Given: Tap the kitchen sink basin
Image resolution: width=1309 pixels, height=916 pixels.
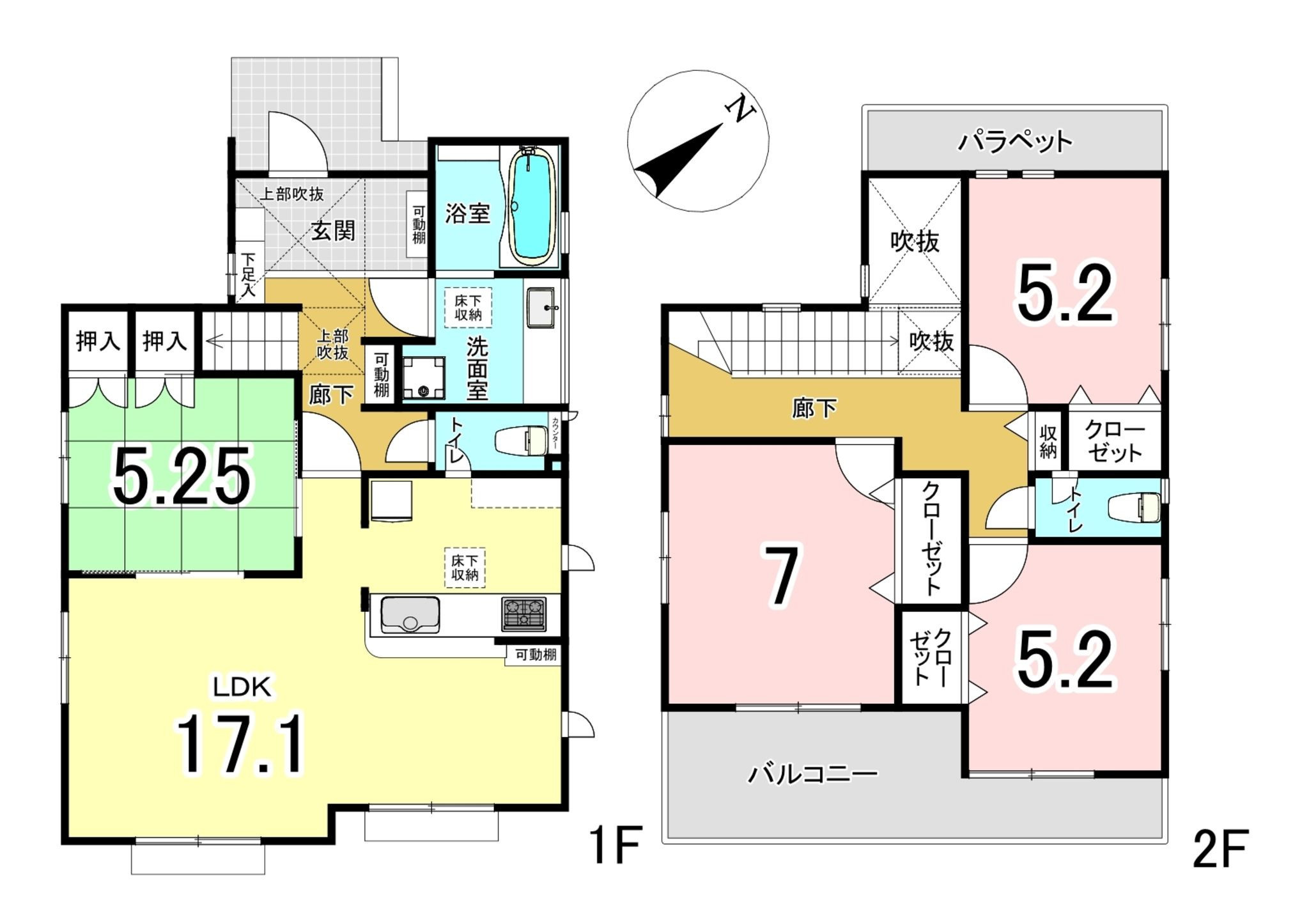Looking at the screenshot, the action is tap(410, 615).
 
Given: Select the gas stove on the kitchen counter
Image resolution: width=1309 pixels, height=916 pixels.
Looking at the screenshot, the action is tap(524, 614).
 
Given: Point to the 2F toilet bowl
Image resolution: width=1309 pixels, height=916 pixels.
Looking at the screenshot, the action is tap(1134, 508).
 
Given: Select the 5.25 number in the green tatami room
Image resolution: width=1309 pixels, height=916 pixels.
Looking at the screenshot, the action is tap(181, 476).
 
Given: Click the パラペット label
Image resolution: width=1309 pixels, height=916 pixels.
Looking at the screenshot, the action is tap(1014, 141).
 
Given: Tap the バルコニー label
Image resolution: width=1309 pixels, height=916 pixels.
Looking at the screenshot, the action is tap(813, 775).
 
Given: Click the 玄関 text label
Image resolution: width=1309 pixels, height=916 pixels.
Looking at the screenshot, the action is tap(333, 231).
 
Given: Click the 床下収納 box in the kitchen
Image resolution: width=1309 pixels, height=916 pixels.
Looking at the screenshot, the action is tap(465, 567).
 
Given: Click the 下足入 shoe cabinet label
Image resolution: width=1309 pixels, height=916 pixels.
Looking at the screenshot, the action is tap(247, 276).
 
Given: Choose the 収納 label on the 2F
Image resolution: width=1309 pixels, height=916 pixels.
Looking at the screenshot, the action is tap(1048, 441).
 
